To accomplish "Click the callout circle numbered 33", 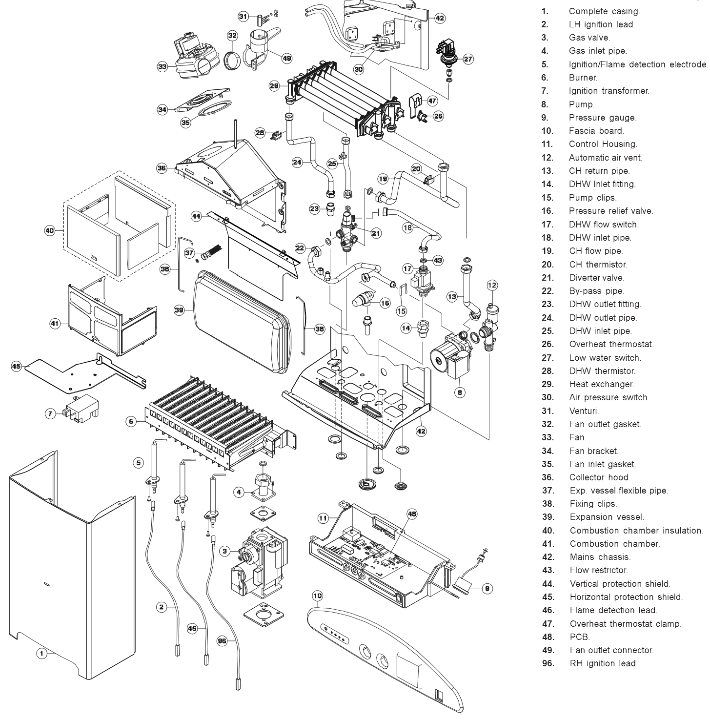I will [x=162, y=66].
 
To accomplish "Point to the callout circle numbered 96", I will [x=222, y=642].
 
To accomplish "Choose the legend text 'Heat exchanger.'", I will [x=601, y=384].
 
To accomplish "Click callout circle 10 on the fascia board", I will [x=317, y=596].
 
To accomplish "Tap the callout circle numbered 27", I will [x=468, y=59].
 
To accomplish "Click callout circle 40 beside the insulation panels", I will [x=50, y=231].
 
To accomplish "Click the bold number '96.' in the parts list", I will [x=548, y=663].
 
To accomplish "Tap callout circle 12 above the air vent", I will [x=492, y=285].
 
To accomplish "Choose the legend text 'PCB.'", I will [x=580, y=637].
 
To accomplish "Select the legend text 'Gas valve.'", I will [x=589, y=38].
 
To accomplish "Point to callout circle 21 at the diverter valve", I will [x=376, y=233].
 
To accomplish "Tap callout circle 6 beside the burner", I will [x=131, y=422].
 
